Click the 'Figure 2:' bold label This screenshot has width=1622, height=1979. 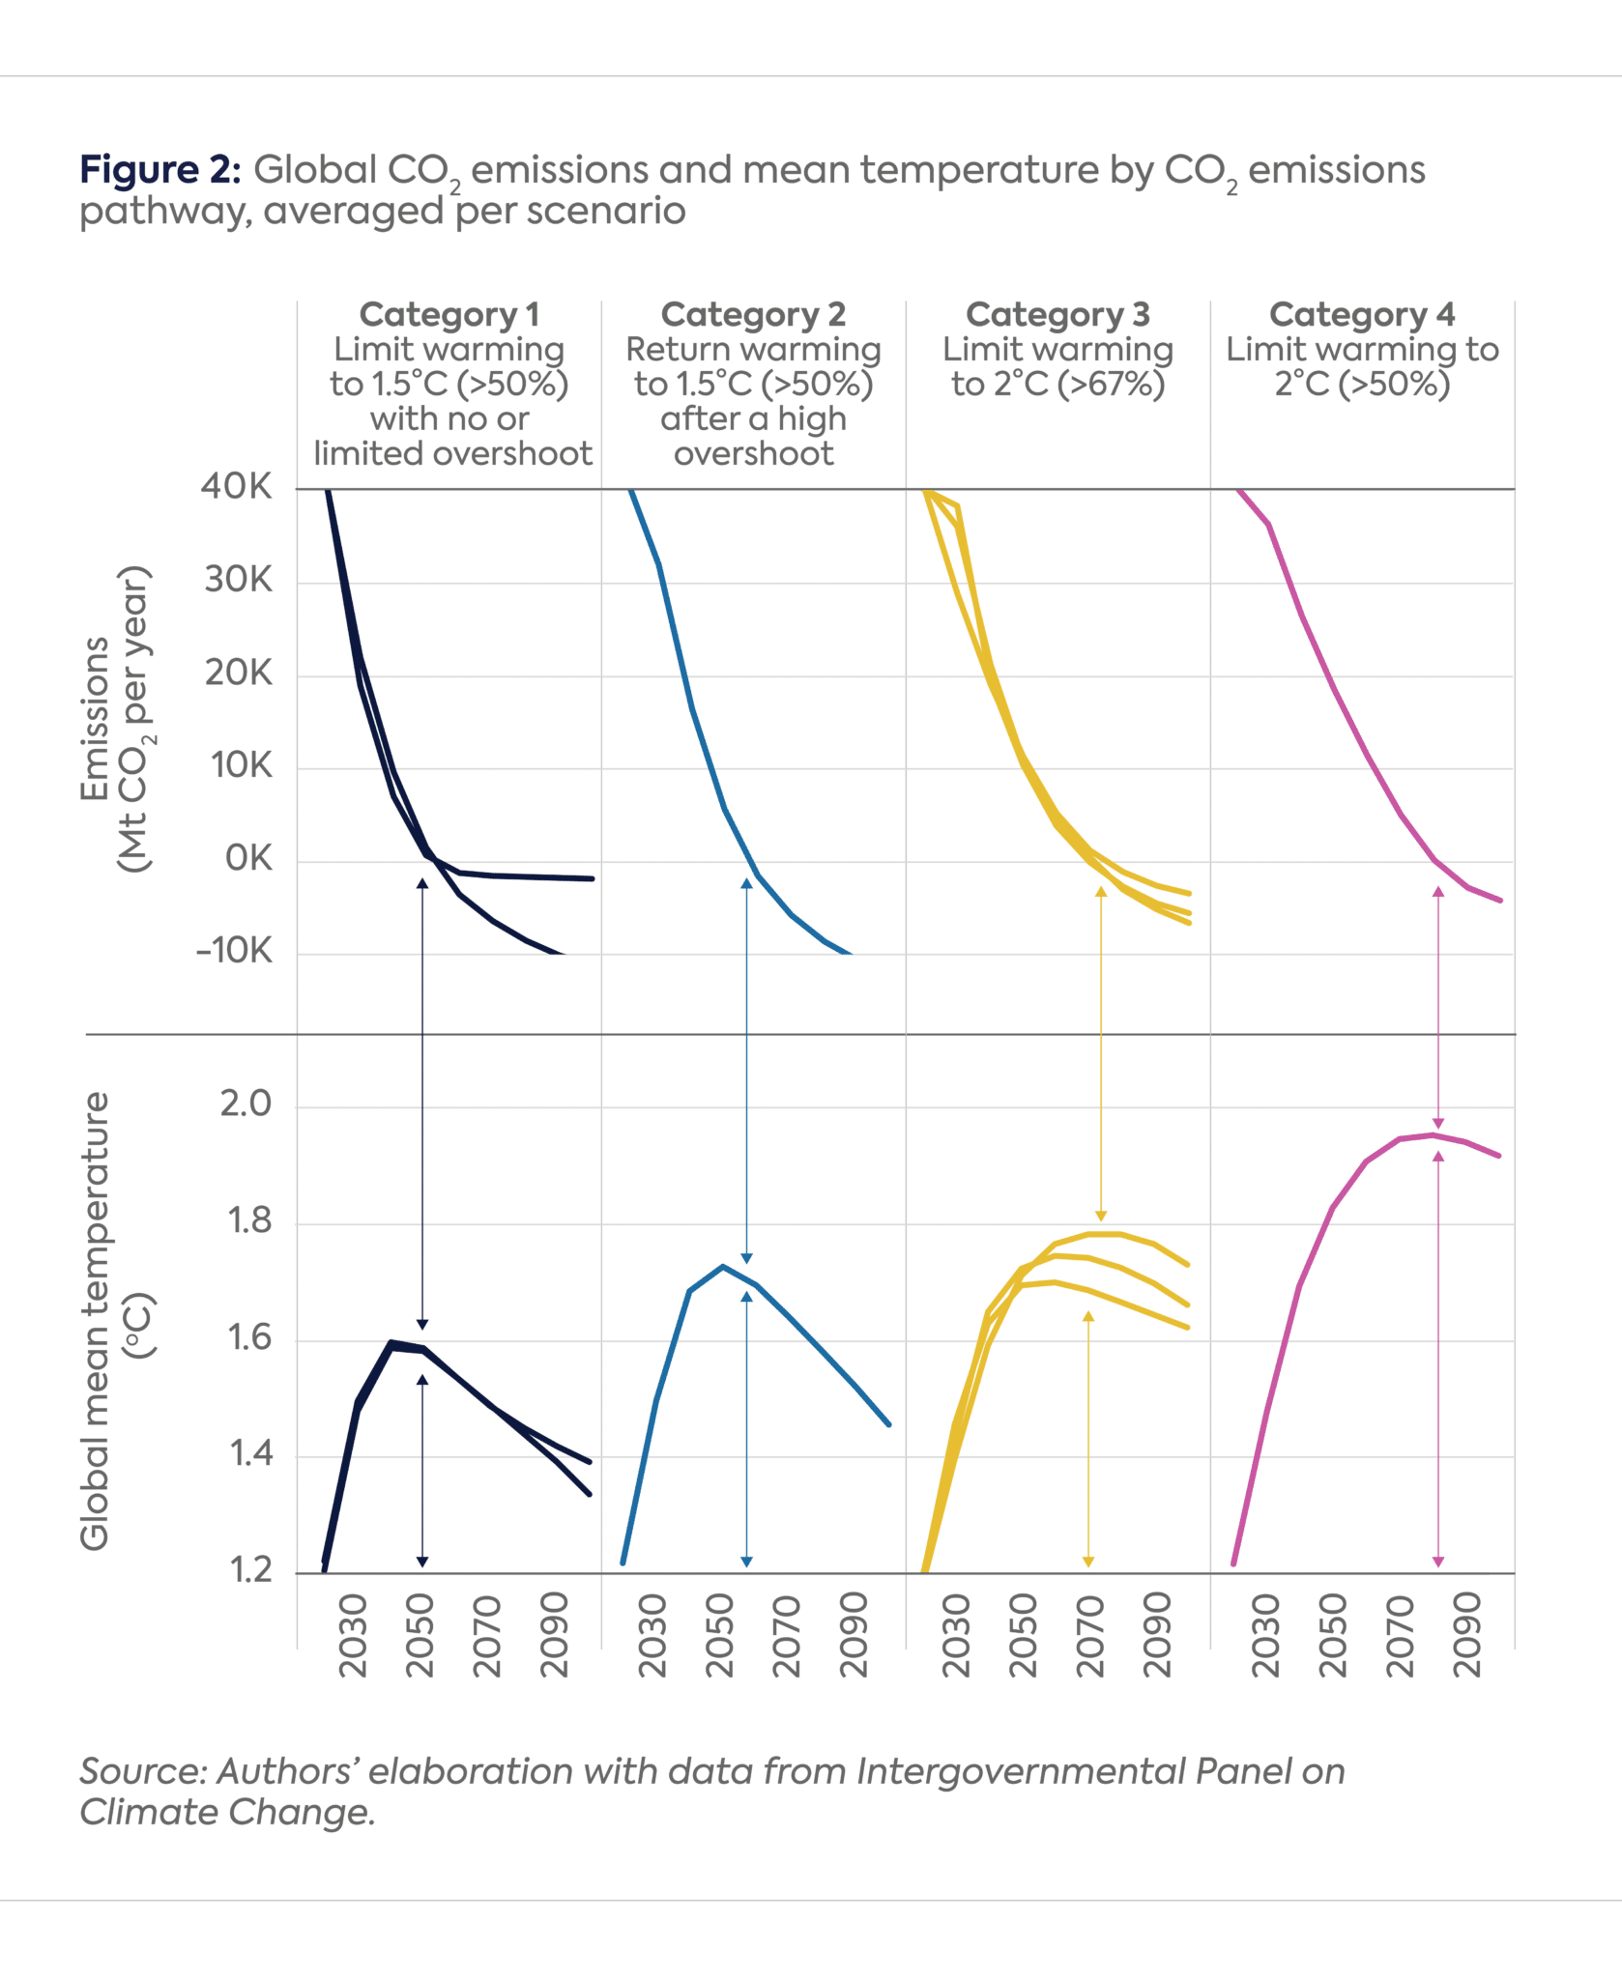tap(159, 170)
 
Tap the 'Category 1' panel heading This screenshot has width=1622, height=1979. tap(449, 314)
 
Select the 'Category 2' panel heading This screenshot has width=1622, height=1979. tap(753, 314)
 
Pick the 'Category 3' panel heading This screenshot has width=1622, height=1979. tap(1057, 314)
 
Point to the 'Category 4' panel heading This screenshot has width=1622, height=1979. tap(1361, 314)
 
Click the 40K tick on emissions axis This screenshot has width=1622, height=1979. tap(236, 486)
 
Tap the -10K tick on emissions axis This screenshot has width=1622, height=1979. tap(235, 951)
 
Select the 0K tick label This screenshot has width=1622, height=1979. tap(248, 858)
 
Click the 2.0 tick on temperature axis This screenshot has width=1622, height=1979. tap(246, 1104)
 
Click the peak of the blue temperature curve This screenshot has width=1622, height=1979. tap(722, 1266)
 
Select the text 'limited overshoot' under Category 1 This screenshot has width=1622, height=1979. tap(452, 453)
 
